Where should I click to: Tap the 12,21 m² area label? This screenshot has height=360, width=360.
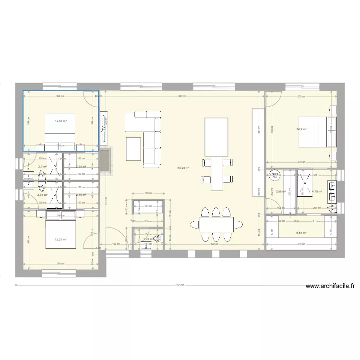60,240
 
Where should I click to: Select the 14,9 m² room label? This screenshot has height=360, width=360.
301,129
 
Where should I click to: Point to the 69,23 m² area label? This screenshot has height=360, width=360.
183,168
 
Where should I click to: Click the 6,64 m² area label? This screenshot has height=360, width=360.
301,233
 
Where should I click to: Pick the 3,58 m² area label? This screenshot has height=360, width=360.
281,192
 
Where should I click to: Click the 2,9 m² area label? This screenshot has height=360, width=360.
42,167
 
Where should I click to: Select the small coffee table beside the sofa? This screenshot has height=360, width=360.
133,149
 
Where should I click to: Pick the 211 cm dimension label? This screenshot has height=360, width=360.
315,222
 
